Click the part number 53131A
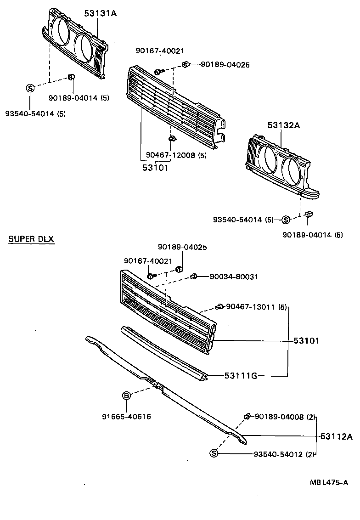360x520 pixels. pos(100,14)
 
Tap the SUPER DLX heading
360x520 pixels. pos(31,240)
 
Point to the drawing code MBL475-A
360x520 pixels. pos(328,482)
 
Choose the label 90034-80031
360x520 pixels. pos(234,277)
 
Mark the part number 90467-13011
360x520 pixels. pos(251,306)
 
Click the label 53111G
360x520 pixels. pos(240,376)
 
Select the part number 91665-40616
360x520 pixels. pos(126,417)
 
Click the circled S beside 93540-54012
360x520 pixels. pos(214,454)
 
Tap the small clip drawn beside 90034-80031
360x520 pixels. pos(194,276)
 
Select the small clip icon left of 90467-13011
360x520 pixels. pos(219,306)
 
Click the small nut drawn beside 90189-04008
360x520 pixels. pos(247,416)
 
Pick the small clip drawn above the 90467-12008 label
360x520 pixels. pos(171,139)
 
